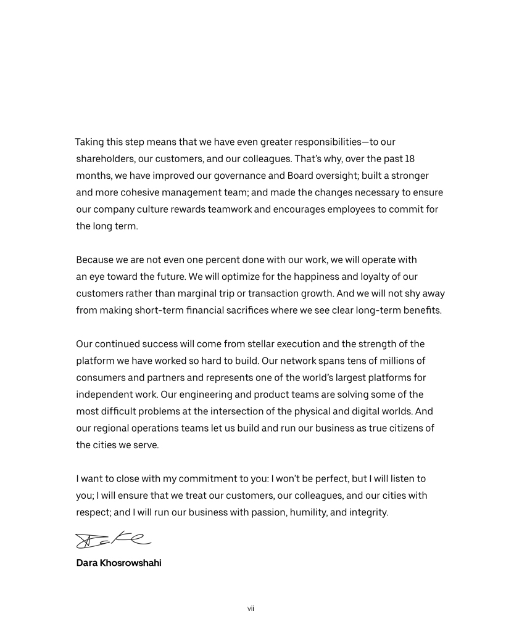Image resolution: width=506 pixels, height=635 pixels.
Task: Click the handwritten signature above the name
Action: tap(113, 539)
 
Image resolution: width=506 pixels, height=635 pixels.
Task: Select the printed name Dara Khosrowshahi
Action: tap(118, 563)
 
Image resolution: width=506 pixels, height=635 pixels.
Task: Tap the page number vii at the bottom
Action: tap(251, 609)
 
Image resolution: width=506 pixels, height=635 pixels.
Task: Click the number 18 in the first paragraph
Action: tap(409, 158)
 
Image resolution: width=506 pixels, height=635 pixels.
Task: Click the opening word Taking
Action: tap(91, 142)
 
